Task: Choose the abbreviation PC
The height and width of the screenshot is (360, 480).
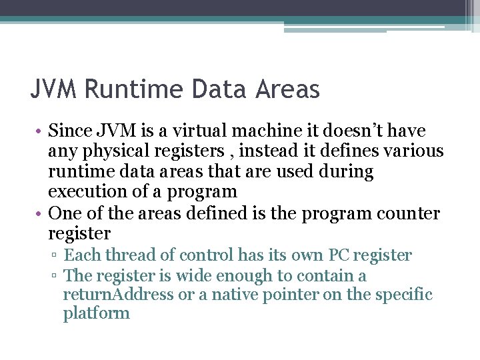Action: pos(338,255)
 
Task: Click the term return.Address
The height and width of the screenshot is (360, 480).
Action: pos(119,294)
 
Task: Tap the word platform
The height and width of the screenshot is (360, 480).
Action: pos(97,313)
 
